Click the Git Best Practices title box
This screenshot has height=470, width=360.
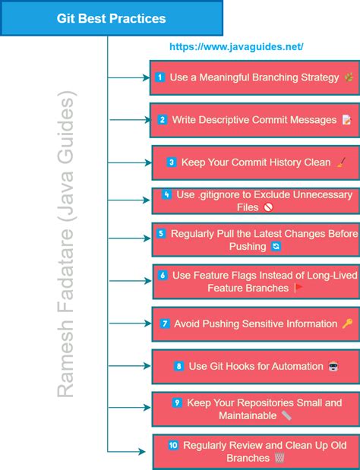tap(111, 18)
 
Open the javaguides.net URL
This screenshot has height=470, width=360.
tap(236, 47)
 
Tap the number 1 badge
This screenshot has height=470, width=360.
tap(160, 77)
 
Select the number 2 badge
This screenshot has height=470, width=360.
tap(163, 120)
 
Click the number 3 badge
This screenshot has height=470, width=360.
tap(172, 162)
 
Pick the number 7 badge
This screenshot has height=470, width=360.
tap(165, 323)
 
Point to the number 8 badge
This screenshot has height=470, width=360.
tap(179, 366)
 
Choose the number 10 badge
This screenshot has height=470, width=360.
tap(173, 446)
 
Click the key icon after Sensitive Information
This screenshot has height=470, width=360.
tap(347, 323)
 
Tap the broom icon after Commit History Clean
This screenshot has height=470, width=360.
tap(341, 162)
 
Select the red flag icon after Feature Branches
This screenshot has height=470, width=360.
tap(298, 289)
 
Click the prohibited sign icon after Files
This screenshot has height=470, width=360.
tap(267, 207)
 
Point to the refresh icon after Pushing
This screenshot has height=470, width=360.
tap(276, 247)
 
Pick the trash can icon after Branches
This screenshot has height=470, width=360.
tap(279, 458)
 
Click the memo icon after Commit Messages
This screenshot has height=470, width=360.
tap(346, 120)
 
